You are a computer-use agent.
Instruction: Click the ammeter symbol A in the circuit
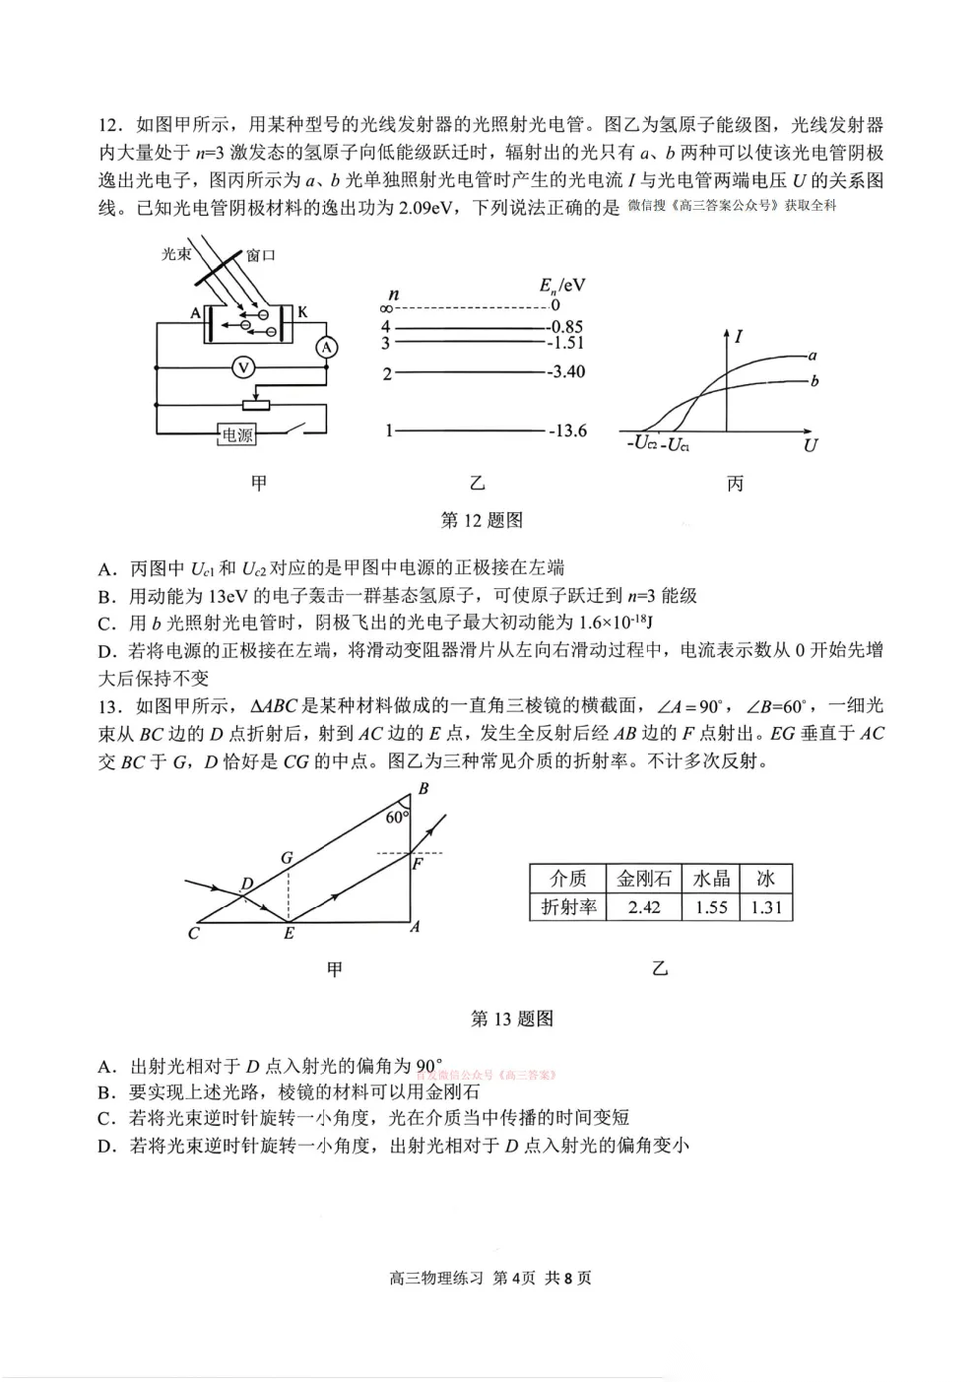328,347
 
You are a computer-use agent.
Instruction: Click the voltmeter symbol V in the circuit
243,367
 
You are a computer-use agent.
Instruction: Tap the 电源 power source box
237,434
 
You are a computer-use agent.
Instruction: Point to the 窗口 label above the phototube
261,255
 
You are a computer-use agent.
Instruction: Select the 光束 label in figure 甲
176,254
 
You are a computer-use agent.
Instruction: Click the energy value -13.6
567,430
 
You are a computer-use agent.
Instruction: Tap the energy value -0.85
566,326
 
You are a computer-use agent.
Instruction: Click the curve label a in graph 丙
813,355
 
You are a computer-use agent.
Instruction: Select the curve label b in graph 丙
814,380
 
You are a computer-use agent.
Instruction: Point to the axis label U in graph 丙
810,445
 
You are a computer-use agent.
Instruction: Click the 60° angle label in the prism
396,817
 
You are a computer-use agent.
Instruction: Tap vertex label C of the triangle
193,932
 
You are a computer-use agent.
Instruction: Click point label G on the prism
287,857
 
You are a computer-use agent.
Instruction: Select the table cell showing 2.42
644,907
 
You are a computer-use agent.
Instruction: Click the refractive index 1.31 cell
765,907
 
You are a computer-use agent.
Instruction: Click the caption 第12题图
482,520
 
